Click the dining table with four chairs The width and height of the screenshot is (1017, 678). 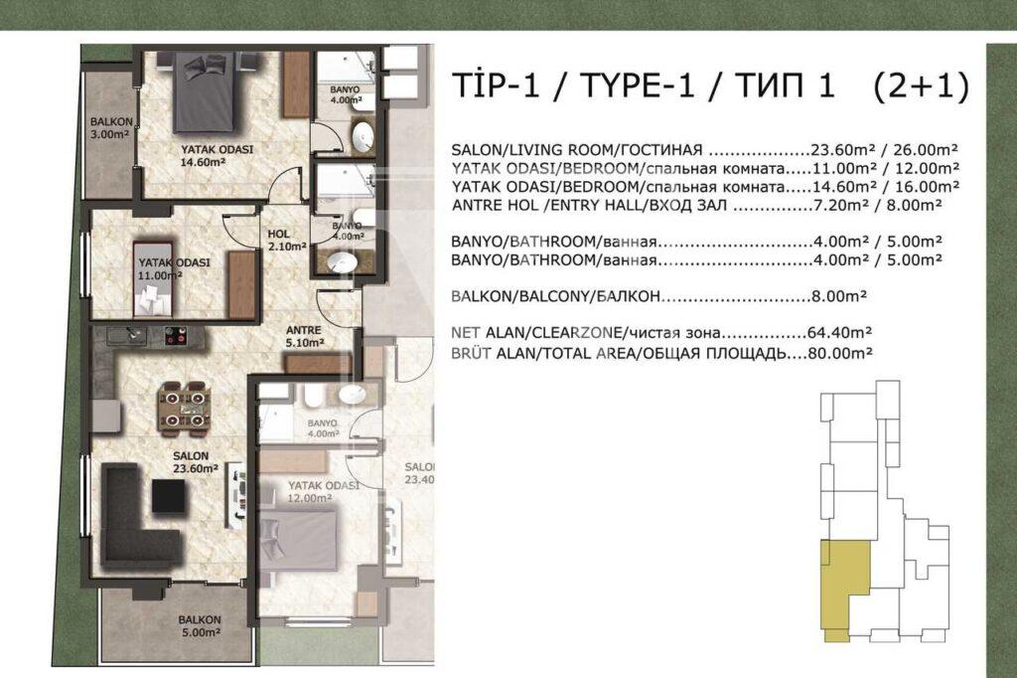tap(186, 407)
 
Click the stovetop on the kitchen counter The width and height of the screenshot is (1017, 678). tap(176, 336)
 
